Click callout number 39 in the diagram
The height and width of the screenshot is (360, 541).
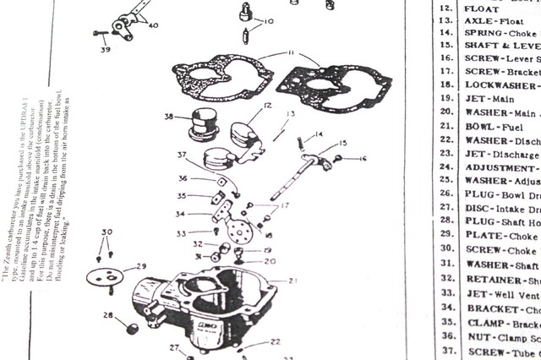pos(106,50)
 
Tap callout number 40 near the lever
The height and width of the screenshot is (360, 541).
pos(152,25)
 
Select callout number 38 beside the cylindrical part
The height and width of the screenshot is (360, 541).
pos(169,117)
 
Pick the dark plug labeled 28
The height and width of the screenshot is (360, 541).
pos(132,327)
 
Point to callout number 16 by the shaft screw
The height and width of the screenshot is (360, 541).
pos(363,158)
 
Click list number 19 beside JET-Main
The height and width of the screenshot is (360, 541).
pos(447,99)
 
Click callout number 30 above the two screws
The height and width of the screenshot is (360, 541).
pos(106,232)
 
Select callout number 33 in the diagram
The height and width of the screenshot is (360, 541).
pos(181,233)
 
